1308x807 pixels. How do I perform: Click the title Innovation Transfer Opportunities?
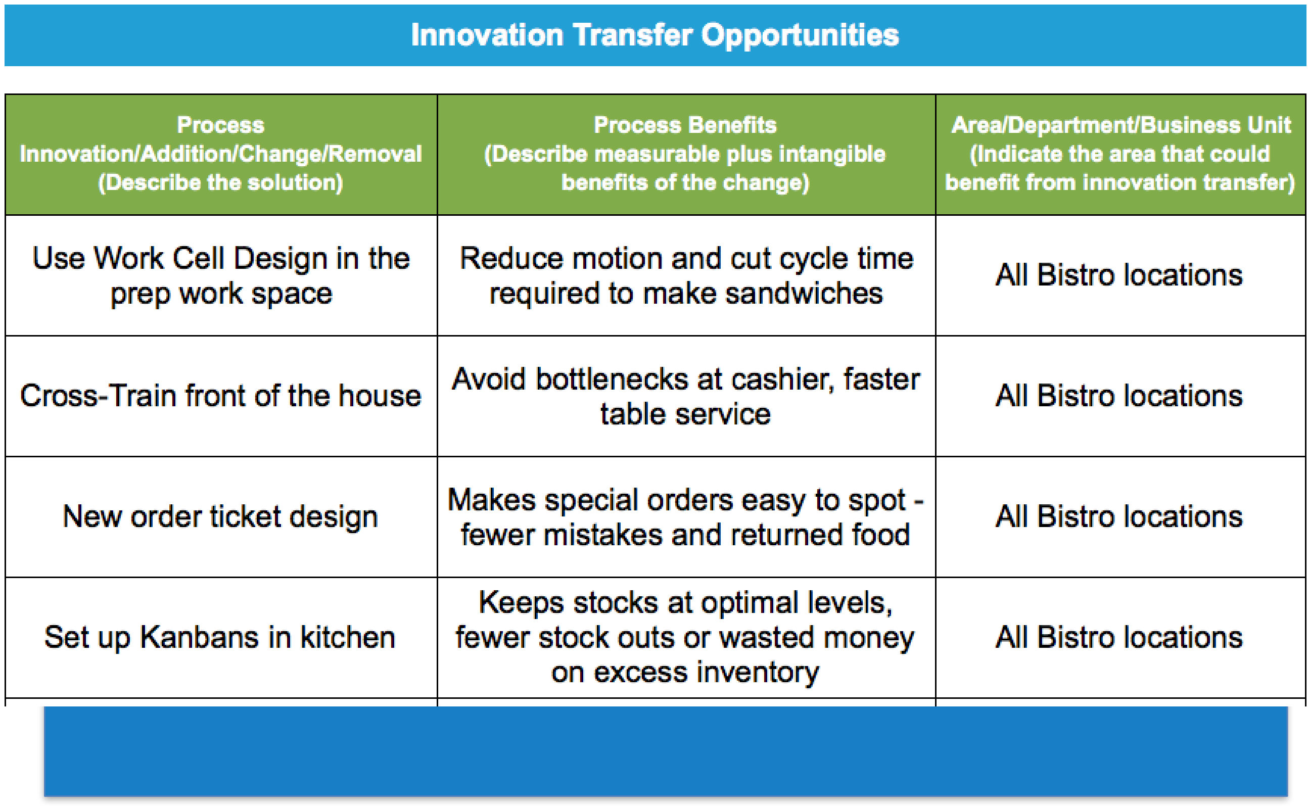pyautogui.click(x=655, y=36)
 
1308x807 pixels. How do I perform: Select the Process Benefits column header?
pyautogui.click(x=686, y=155)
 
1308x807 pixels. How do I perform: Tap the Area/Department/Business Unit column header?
pyautogui.click(x=1120, y=155)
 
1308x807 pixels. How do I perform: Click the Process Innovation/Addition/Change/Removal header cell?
pyautogui.click(x=221, y=155)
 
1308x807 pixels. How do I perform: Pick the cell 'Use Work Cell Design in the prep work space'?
pyautogui.click(x=221, y=275)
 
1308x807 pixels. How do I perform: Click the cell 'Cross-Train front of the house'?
pyautogui.click(x=221, y=396)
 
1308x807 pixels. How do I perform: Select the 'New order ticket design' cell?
pyautogui.click(x=221, y=516)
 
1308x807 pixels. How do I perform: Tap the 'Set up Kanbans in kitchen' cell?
pyautogui.click(x=221, y=637)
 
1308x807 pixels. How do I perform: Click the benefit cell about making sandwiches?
pyautogui.click(x=686, y=275)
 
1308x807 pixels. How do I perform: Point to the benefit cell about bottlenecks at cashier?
pyautogui.click(x=686, y=396)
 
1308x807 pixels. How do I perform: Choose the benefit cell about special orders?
pyautogui.click(x=686, y=516)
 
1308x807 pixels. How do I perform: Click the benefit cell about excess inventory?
pyautogui.click(x=686, y=637)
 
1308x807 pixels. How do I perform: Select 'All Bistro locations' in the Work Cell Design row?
pyautogui.click(x=1119, y=275)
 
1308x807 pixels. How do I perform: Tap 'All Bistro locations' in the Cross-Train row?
pyautogui.click(x=1119, y=396)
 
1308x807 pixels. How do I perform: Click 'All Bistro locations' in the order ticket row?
pyautogui.click(x=1119, y=516)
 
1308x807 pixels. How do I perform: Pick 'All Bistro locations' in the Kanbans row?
pyautogui.click(x=1119, y=637)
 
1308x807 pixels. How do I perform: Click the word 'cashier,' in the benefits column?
pyautogui.click(x=783, y=380)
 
